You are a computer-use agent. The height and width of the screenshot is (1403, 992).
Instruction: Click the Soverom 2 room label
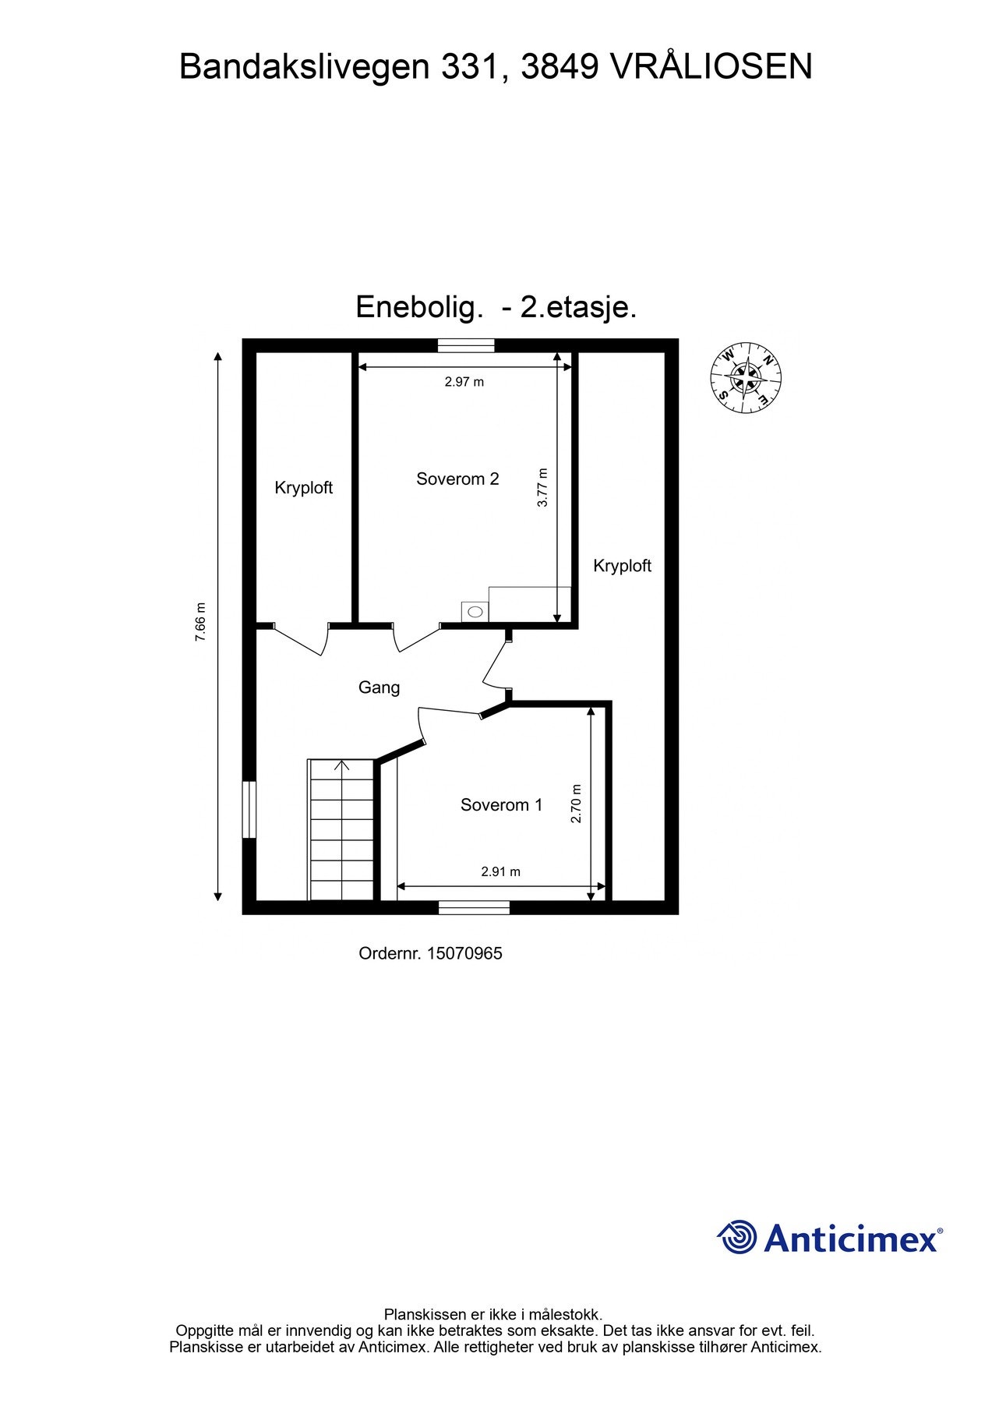[457, 479]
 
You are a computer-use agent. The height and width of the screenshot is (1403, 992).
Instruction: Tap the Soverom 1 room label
[501, 805]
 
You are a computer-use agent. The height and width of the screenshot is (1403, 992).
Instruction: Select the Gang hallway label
[379, 687]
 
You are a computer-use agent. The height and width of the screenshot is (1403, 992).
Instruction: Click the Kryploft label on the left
[303, 488]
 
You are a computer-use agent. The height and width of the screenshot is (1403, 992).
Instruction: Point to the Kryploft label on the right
[622, 566]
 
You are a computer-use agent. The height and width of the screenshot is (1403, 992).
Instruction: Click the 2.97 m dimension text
[464, 382]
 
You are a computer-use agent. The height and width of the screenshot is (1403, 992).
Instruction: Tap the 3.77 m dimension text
[543, 487]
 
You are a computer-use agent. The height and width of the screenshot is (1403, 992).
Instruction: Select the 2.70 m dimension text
[577, 804]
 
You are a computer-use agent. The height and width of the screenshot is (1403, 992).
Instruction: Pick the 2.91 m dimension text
[500, 871]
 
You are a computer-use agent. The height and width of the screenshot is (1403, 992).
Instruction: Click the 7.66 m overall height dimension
[200, 622]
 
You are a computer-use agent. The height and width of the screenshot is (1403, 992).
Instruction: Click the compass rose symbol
[746, 377]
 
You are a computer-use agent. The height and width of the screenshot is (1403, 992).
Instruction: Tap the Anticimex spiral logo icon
[736, 1237]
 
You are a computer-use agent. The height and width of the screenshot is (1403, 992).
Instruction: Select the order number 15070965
[464, 952]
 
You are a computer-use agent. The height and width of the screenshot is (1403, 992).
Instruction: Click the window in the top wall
[465, 345]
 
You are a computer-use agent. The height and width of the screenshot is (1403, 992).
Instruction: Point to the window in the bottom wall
[474, 907]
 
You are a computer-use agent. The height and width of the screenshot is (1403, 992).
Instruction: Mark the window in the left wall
[249, 810]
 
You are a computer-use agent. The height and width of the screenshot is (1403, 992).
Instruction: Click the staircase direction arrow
[341, 766]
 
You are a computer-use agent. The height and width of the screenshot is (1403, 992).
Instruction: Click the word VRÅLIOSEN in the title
[710, 67]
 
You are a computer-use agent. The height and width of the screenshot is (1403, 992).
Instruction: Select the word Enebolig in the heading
[415, 307]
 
